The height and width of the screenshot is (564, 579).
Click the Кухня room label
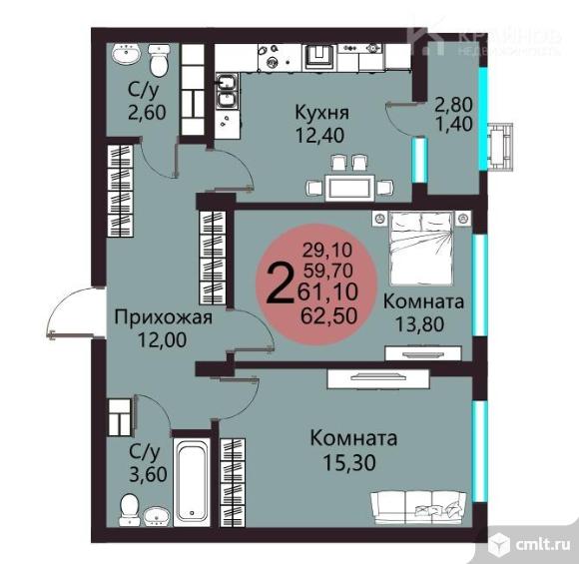[321, 112]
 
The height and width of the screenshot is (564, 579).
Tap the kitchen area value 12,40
[319, 135]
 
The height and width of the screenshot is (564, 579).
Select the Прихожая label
[163, 318]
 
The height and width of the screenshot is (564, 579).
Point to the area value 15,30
[349, 462]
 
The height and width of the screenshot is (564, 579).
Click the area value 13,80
[420, 324]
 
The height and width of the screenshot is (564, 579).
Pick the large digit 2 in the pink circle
[282, 283]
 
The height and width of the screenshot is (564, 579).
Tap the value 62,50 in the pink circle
[329, 315]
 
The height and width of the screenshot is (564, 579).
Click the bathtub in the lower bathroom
[191, 482]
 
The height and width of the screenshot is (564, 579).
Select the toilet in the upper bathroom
[159, 60]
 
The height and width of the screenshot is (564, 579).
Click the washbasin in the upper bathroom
[126, 54]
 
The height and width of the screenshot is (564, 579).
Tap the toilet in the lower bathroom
[130, 508]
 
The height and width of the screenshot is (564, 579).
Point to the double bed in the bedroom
[421, 248]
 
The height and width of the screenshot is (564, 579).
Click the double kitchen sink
[227, 91]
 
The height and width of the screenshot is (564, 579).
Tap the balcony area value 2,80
[453, 105]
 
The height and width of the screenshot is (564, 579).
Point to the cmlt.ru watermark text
[542, 544]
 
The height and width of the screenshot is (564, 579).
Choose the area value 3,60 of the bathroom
[148, 474]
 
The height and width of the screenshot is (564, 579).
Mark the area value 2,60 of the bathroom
[147, 112]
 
